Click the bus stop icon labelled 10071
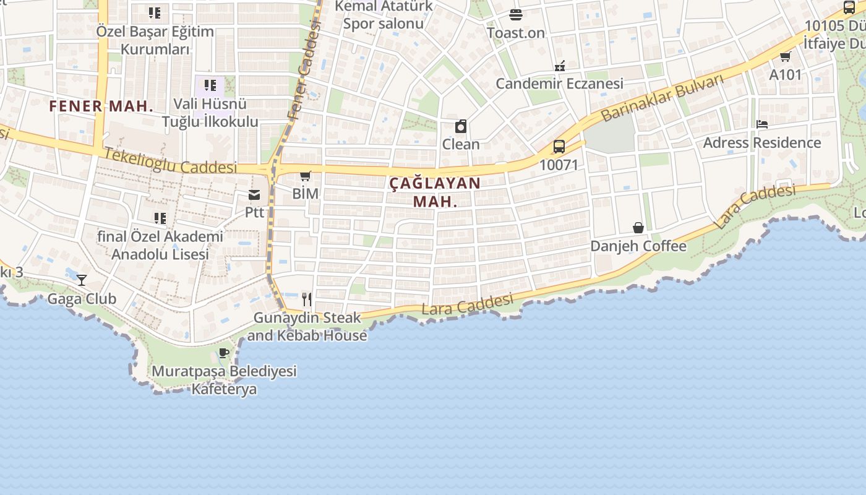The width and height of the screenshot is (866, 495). (x=559, y=147)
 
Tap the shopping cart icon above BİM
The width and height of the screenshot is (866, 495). (x=305, y=176)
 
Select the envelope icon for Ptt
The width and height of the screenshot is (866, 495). (x=254, y=196)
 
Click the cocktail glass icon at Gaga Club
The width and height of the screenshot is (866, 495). (x=82, y=280)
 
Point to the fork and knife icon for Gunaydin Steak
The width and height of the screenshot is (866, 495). (x=307, y=299)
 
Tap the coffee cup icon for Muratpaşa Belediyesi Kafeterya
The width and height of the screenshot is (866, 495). (x=224, y=353)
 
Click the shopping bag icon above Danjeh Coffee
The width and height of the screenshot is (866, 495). (x=638, y=228)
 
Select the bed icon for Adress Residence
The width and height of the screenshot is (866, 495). (x=762, y=124)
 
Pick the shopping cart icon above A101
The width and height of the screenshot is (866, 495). (x=785, y=57)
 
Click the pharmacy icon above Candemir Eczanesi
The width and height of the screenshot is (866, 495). (x=560, y=66)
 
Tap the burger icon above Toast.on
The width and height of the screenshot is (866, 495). (x=516, y=15)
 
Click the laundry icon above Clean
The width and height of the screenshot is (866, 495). (x=461, y=127)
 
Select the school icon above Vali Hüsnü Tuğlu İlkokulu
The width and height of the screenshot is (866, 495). (x=210, y=85)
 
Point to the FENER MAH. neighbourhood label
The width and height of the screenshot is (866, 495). (x=101, y=106)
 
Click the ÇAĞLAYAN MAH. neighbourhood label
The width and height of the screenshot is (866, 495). (x=435, y=192)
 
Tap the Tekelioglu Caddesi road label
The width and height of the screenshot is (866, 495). (x=171, y=161)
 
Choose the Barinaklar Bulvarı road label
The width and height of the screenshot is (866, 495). (x=662, y=98)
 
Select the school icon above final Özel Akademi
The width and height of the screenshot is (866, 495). (x=160, y=218)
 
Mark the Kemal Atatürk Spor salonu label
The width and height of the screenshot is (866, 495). (x=384, y=15)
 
